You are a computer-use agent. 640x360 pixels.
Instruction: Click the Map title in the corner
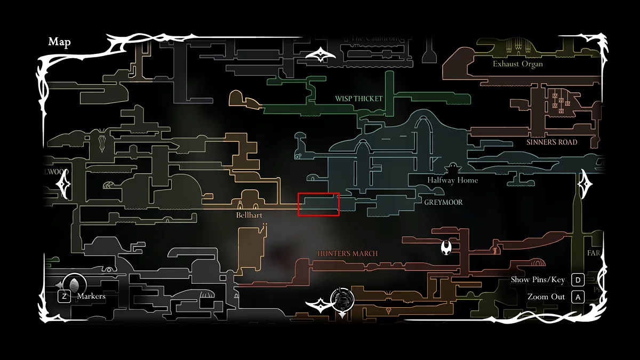59,42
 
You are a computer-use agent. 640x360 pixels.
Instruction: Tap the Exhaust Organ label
517,64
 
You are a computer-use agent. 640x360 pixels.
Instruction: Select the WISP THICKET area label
359,99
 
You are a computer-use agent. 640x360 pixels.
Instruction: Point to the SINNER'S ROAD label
551,142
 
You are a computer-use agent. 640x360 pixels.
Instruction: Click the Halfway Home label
452,180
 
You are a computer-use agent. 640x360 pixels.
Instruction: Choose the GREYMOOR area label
443,203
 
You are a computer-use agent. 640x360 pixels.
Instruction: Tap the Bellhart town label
249,215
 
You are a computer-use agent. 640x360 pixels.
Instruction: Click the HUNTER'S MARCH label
348,254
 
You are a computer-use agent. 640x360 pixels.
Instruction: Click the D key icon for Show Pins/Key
578,280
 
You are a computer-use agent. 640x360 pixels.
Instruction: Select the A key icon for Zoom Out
578,297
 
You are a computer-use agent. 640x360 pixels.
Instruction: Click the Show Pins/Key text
538,280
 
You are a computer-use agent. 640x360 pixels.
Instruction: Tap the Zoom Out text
546,297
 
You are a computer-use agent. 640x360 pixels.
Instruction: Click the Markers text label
91,296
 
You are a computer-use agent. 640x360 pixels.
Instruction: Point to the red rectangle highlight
318,204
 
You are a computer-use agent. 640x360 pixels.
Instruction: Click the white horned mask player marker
446,247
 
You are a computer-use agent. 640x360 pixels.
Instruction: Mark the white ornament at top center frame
320,54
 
